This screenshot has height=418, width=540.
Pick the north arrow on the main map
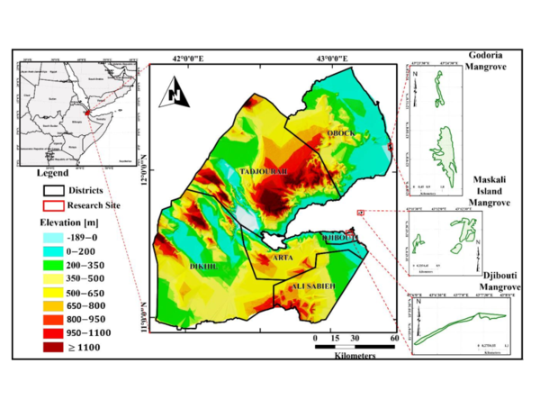(x=176, y=94)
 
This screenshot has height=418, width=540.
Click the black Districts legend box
(x=56, y=191)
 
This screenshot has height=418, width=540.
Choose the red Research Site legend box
(x=56, y=204)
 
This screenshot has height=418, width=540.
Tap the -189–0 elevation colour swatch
(x=56, y=236)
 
